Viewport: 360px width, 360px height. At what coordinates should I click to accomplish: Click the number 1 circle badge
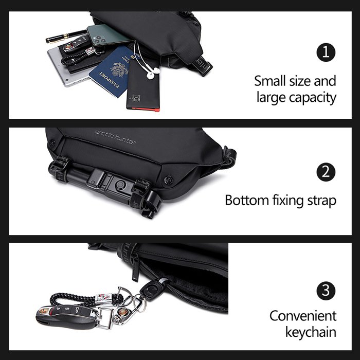[326, 52]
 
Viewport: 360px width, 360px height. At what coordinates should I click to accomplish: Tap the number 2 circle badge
[326, 172]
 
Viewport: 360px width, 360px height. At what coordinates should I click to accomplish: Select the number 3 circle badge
[326, 291]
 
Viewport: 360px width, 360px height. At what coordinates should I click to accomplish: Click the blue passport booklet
[112, 71]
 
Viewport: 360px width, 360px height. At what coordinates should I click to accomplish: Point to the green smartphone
[108, 35]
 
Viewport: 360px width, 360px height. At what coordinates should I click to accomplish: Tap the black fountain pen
[66, 37]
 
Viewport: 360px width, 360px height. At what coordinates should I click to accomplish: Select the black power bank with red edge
[143, 85]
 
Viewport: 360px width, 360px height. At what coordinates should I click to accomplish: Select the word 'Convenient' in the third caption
[303, 316]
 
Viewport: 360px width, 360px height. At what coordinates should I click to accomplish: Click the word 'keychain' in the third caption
[311, 332]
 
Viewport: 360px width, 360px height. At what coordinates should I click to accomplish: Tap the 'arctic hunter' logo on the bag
[115, 137]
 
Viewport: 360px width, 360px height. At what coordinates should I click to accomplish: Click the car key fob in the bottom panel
[66, 317]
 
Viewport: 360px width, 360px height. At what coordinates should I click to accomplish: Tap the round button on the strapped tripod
[120, 184]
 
